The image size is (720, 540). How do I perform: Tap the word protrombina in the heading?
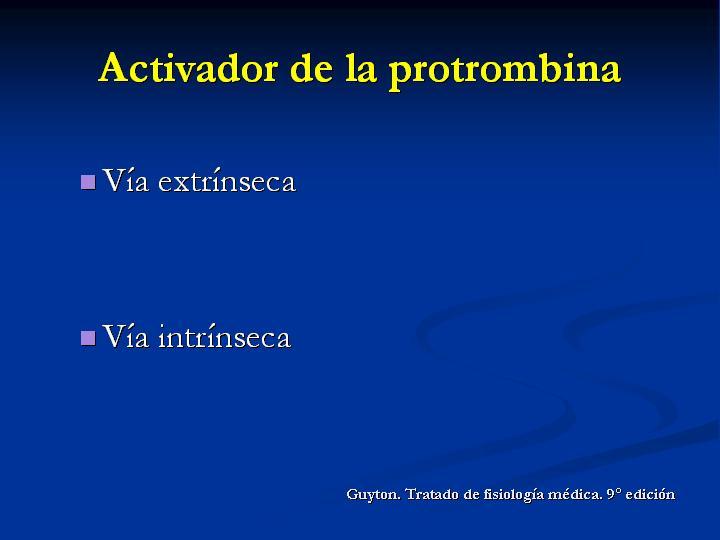[505, 71]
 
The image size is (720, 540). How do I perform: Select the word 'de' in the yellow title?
[312, 68]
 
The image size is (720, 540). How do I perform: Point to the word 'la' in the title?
[361, 68]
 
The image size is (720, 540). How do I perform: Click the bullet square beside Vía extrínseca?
[88, 182]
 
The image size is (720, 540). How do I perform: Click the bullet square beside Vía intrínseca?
[88, 338]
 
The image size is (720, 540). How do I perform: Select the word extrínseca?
[227, 180]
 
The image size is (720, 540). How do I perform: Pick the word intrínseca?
[225, 336]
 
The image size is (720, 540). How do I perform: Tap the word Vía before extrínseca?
[126, 179]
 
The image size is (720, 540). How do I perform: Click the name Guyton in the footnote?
[374, 495]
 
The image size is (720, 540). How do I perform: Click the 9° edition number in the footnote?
[614, 494]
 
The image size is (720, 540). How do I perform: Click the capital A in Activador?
[114, 67]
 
